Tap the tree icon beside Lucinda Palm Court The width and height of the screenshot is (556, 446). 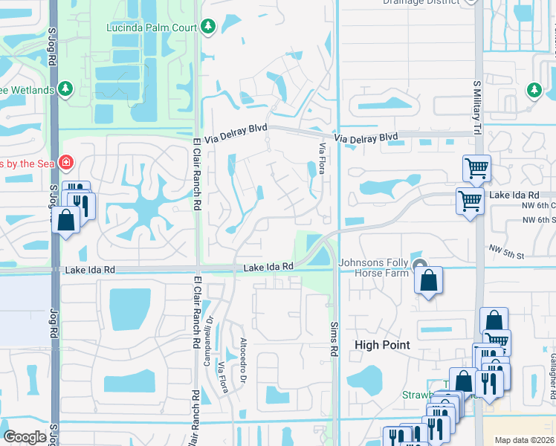[209, 28]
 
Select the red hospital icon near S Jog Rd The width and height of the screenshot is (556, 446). [66, 161]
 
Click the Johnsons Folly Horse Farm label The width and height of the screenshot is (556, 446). [374, 268]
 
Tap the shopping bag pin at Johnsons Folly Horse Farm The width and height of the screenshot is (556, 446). [428, 281]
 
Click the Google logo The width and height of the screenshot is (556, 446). [25, 437]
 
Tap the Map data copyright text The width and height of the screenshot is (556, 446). [524, 440]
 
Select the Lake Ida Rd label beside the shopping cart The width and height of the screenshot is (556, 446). [514, 194]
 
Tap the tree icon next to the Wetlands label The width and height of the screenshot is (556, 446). [66, 90]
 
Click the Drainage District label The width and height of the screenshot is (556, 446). [417, 2]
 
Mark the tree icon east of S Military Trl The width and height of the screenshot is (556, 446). [534, 90]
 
